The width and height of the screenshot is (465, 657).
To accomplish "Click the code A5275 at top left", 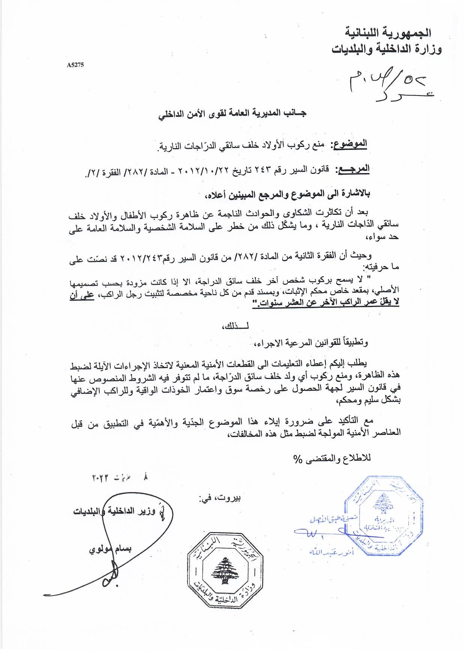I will click(75, 65).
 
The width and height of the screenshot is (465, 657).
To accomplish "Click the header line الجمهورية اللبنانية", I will click(388, 33).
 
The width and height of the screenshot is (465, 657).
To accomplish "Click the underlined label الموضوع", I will click(350, 144).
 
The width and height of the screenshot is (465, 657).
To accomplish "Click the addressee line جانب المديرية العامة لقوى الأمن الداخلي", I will click(232, 113).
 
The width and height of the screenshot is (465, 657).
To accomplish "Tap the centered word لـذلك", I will click(236, 325).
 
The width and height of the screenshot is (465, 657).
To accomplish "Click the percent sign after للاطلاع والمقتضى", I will click(298, 459).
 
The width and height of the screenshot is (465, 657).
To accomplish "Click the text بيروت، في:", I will click(220, 498).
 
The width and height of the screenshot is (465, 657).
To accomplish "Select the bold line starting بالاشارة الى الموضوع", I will click(287, 194).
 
